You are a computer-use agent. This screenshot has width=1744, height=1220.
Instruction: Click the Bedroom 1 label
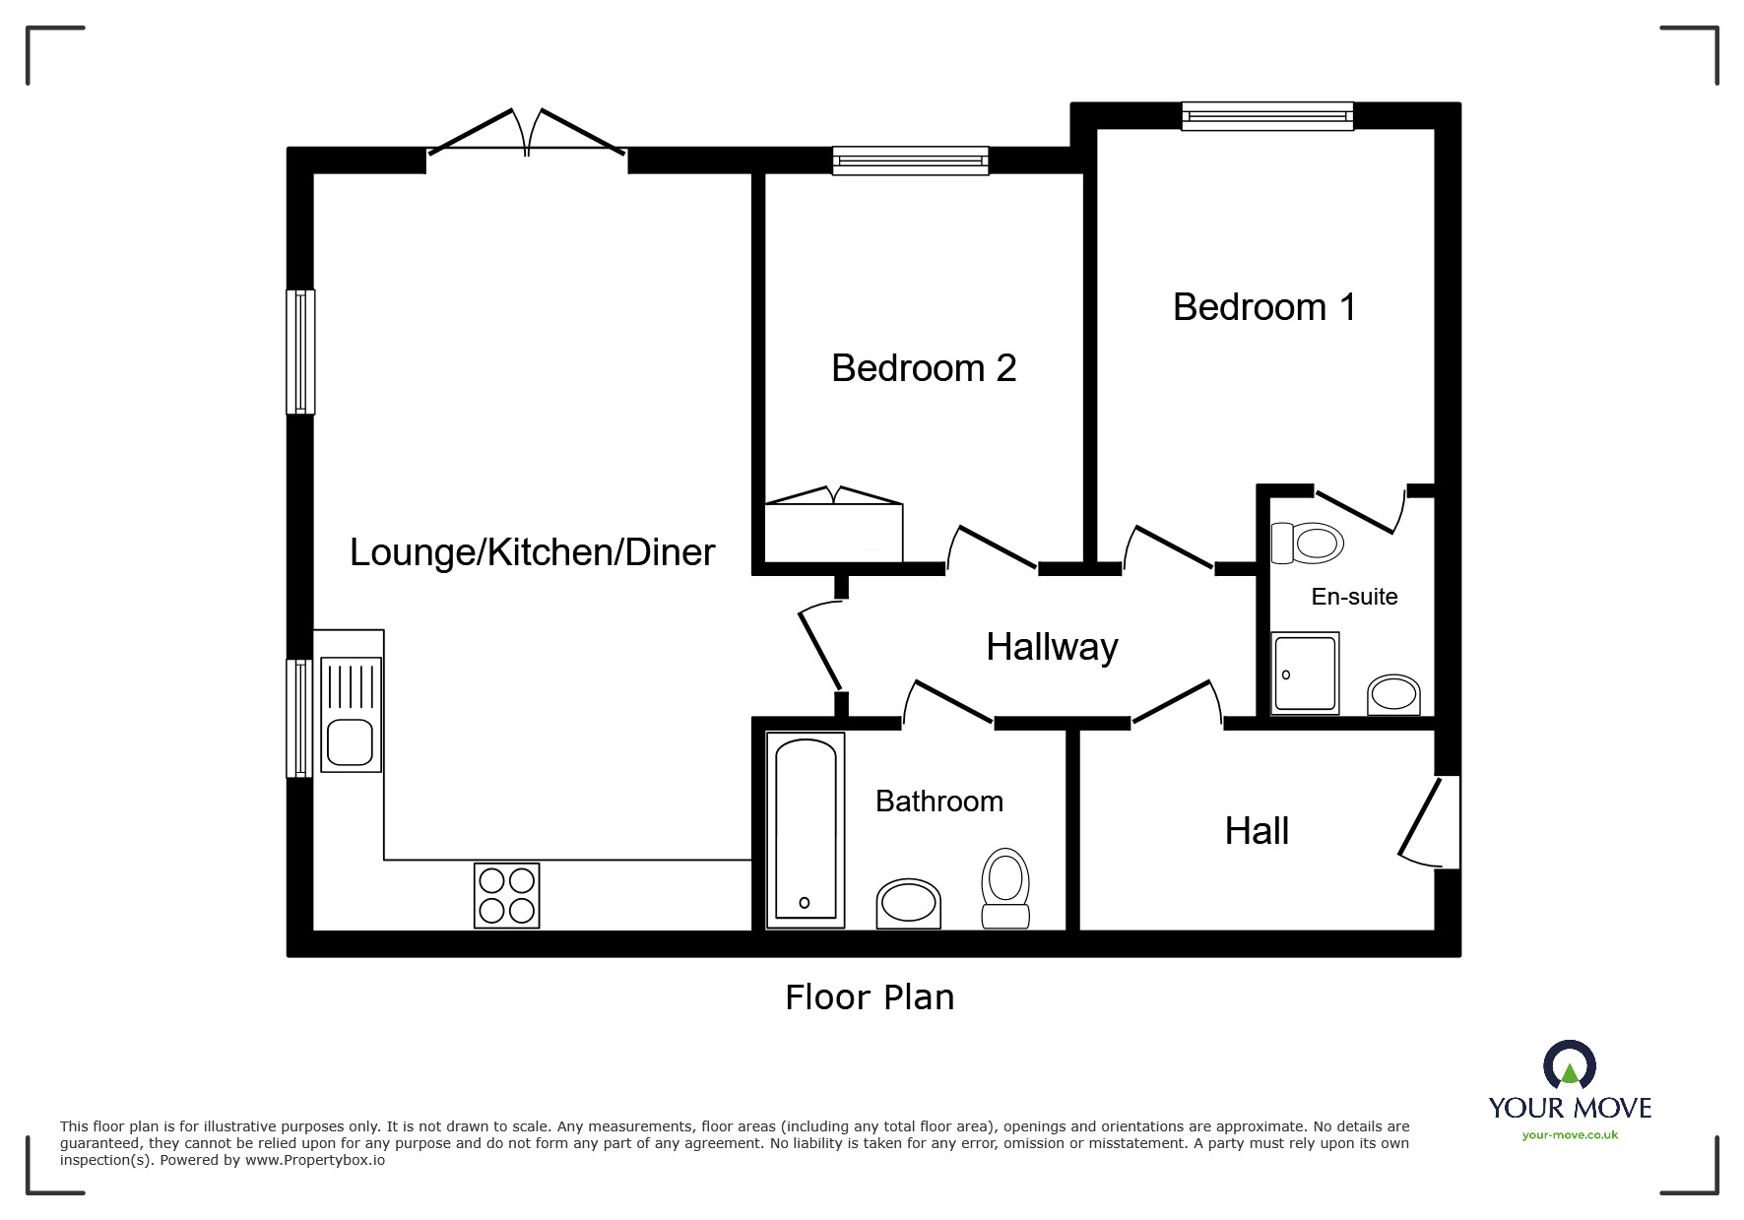click(x=1264, y=307)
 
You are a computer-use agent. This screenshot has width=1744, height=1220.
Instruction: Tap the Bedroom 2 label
click(x=923, y=368)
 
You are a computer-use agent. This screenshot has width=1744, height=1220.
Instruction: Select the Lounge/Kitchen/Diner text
click(x=532, y=552)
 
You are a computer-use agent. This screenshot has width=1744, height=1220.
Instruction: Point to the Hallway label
click(x=1052, y=647)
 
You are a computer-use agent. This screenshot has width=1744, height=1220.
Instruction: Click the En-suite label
click(x=1354, y=597)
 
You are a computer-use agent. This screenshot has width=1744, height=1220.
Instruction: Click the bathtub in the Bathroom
click(x=806, y=829)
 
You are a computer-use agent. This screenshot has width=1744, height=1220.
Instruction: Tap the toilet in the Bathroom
click(x=1005, y=888)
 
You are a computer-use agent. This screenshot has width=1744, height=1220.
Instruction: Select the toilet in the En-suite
click(x=1309, y=543)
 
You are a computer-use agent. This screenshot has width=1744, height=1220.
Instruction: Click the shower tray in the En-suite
click(x=1305, y=674)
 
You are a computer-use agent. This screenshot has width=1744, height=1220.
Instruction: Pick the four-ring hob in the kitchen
click(x=507, y=895)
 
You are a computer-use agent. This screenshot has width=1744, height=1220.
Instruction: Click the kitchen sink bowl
click(x=350, y=741)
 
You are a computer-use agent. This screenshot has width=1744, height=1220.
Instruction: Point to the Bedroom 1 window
click(x=1267, y=117)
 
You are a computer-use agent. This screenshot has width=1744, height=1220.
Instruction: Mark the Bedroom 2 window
click(x=910, y=161)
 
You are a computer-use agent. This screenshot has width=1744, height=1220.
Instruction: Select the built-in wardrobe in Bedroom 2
click(x=833, y=530)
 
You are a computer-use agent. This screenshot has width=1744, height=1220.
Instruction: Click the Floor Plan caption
click(x=870, y=997)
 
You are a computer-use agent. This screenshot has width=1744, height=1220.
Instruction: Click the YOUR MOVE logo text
click(x=1570, y=1108)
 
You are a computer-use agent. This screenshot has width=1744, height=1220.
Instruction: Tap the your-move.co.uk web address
click(x=1570, y=1135)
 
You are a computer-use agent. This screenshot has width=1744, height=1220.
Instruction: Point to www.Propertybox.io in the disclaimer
click(x=315, y=1161)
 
